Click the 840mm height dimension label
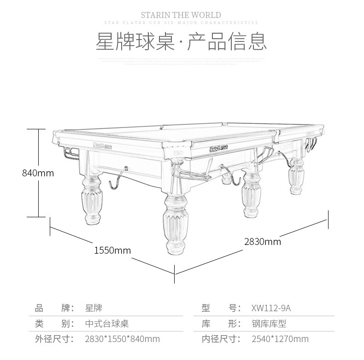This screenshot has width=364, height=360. pyautogui.click(x=38, y=173)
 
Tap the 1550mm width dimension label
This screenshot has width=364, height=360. pyautogui.click(x=112, y=250)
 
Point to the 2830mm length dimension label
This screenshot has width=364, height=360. pyautogui.click(x=262, y=241)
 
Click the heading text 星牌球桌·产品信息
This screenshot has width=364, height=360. pyautogui.click(x=181, y=41)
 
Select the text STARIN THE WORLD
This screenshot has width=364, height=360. pyautogui.click(x=181, y=15)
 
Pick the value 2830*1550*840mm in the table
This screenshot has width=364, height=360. pyautogui.click(x=123, y=339)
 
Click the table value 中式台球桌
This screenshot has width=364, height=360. pyautogui.click(x=107, y=324)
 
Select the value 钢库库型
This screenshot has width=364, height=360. pyautogui.click(x=269, y=324)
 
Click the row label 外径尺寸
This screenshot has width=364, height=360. pyautogui.click(x=55, y=339)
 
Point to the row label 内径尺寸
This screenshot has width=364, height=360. pyautogui.click(x=221, y=339)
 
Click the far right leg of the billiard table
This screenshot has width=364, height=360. pyautogui.click(x=296, y=177)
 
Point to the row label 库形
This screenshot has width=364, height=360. pyautogui.click(x=221, y=324)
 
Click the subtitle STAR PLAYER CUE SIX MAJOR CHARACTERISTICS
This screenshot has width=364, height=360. pyautogui.click(x=181, y=23)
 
